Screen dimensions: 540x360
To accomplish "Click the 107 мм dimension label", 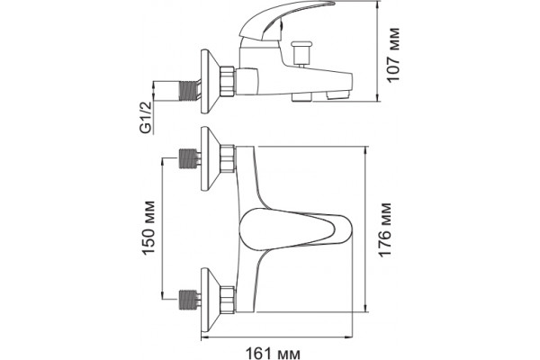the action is point(393,54).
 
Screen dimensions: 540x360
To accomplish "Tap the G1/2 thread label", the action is point(147,117).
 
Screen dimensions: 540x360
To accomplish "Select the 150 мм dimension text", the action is point(148,227).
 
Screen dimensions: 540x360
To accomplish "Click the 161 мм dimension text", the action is point(273,354).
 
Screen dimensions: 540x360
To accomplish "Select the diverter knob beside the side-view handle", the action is point(301,53).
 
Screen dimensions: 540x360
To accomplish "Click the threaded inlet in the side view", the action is point(189,91).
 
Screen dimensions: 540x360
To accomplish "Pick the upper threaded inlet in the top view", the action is point(189,158).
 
